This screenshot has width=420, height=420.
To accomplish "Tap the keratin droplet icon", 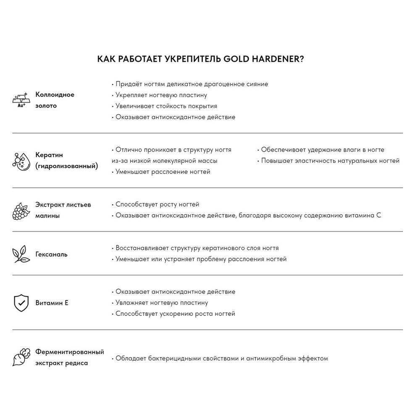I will point(21,160).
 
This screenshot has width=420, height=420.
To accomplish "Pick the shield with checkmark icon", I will point(21,303).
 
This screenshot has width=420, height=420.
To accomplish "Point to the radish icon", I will point(21,357).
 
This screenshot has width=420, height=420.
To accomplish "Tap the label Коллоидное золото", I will point(55,100).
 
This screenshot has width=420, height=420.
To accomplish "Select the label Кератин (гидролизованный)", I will point(67,160).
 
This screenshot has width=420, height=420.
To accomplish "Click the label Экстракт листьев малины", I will point(63,210).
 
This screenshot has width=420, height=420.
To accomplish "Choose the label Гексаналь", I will point(51,254).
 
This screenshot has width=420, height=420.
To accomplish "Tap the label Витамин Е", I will point(52,303).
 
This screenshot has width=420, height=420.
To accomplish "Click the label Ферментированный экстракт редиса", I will point(70,357).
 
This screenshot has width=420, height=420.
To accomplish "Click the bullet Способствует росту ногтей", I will point(157,205).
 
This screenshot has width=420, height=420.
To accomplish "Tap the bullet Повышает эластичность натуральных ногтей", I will point(330,160).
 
